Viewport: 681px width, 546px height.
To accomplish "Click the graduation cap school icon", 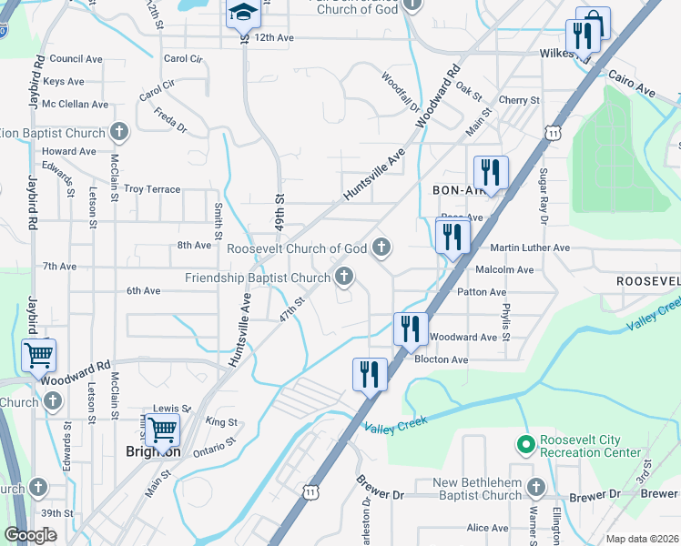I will click(243, 13).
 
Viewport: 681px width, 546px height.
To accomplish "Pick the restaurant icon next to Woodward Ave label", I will click(411, 328).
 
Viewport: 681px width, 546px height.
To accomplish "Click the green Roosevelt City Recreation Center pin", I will click(524, 446).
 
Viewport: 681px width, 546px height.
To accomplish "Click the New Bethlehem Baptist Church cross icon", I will click(535, 489).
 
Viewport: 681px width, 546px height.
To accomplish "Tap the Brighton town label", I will click(152, 451).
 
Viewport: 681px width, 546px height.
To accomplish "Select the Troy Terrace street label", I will click(152, 189).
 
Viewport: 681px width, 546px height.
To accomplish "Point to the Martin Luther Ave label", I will click(530, 248).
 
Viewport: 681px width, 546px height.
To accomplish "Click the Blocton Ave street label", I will click(441, 359).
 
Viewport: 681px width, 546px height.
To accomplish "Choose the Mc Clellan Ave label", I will click(75, 104).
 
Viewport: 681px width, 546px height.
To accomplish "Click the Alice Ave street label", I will click(487, 528).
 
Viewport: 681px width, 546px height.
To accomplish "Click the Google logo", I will click(31, 536).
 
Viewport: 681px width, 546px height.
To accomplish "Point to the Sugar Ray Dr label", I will click(544, 197).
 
